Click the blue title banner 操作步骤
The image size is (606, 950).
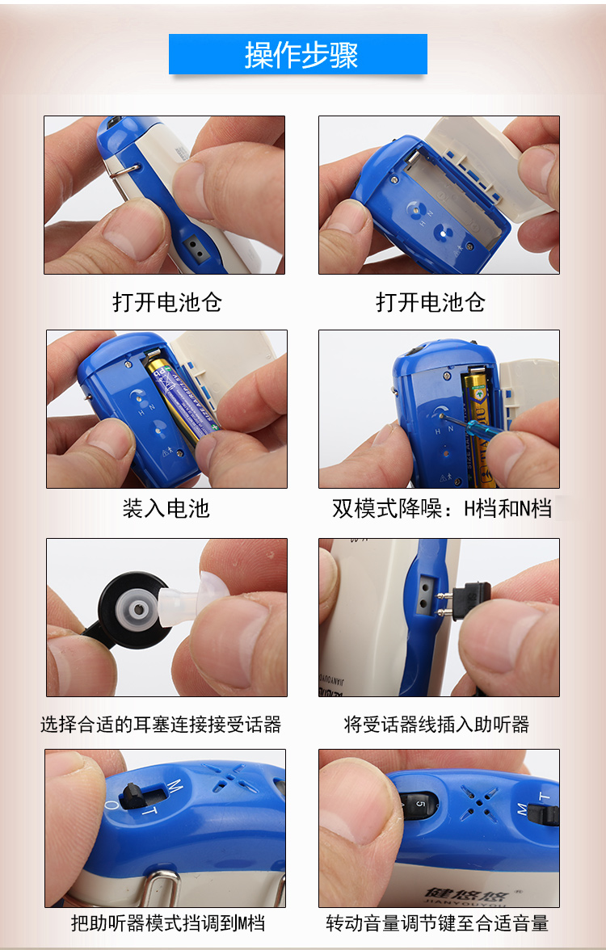[297, 54]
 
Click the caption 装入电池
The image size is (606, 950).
[166, 507]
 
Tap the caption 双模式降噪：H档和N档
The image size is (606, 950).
[442, 507]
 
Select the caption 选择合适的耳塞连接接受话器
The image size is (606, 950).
[161, 724]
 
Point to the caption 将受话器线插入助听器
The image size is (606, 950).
[436, 724]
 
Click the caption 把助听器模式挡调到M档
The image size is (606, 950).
[168, 923]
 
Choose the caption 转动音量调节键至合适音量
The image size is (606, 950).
[437, 923]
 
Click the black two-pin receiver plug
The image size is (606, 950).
[467, 598]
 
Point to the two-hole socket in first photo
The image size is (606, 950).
[196, 246]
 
